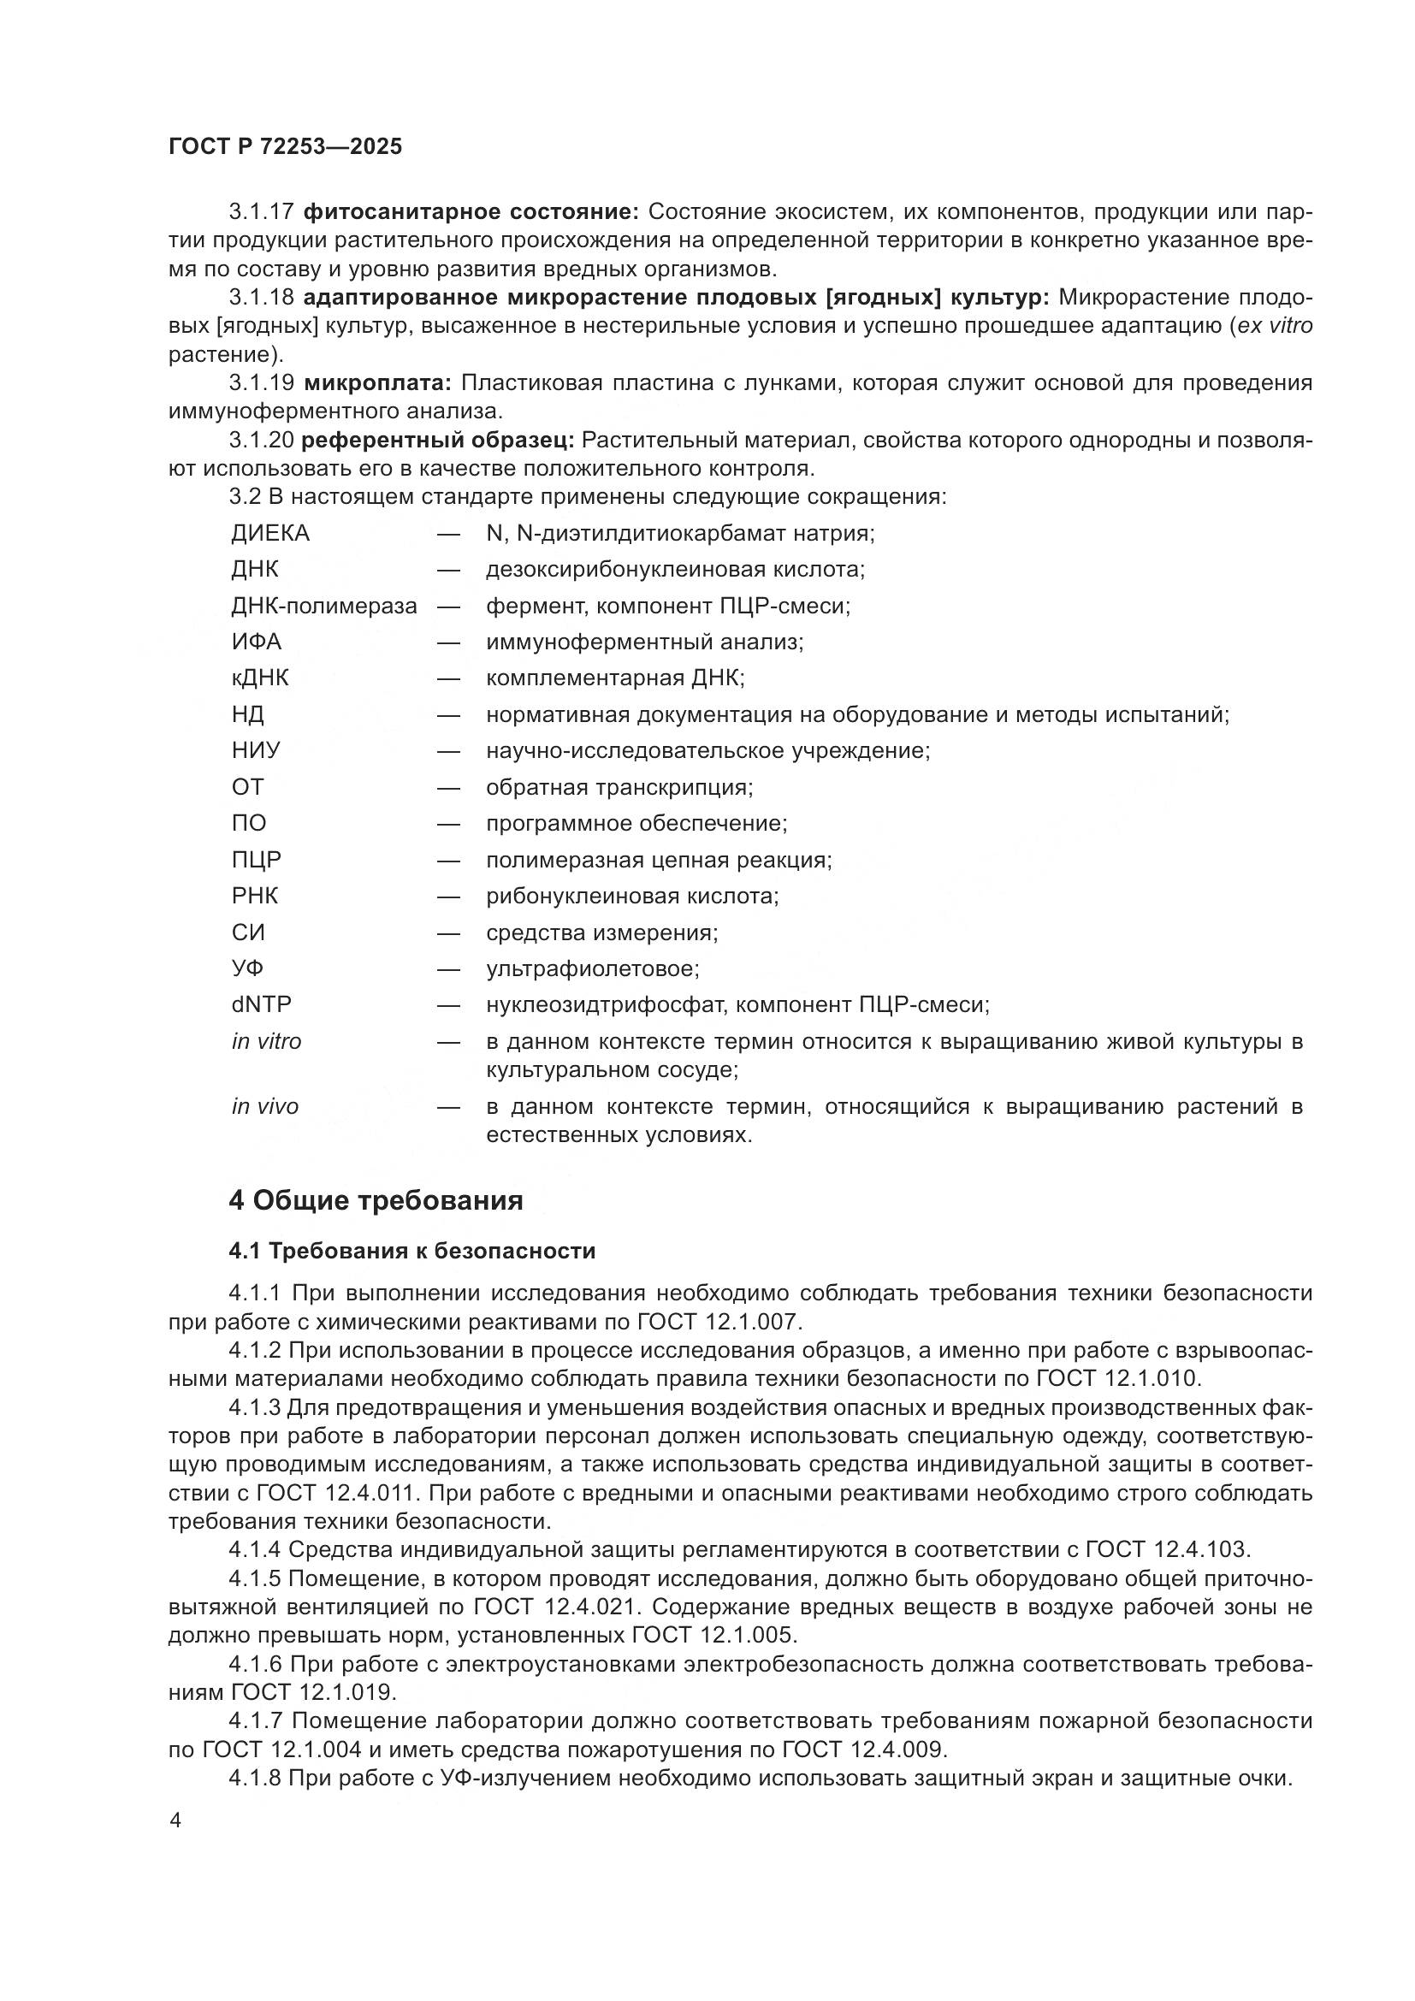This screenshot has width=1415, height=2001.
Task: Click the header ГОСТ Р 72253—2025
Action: [x=285, y=146]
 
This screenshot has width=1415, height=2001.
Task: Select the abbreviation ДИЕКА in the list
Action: [x=270, y=533]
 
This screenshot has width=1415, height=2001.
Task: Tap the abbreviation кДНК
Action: [x=260, y=678]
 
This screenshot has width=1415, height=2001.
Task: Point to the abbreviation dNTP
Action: [x=262, y=1005]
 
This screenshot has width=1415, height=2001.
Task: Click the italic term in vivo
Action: [x=265, y=1107]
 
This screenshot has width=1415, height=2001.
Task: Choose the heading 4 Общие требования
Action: [x=376, y=1201]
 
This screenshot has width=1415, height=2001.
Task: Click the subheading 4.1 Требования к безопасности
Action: [x=412, y=1252]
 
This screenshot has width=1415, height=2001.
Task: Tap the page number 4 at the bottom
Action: [x=175, y=1820]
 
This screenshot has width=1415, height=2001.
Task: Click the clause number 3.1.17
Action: [x=262, y=212]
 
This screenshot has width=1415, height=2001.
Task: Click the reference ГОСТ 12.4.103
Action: [x=1168, y=1550]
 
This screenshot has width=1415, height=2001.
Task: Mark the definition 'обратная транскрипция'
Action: [x=619, y=788]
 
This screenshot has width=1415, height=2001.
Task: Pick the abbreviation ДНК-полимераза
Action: [x=324, y=606]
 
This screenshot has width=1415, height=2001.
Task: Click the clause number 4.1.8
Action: [x=254, y=1779]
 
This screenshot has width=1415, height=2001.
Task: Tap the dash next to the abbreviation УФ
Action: [x=449, y=969]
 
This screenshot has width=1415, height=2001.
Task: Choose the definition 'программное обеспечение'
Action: [x=636, y=824]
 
